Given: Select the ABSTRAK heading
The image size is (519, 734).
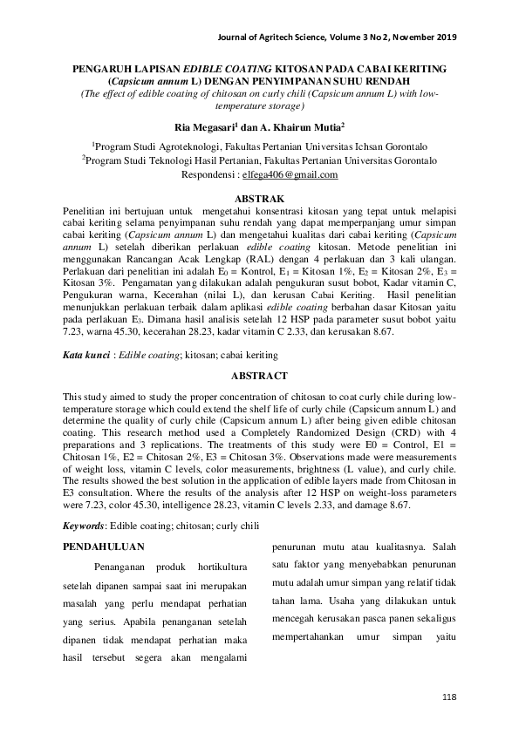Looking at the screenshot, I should click(259, 200).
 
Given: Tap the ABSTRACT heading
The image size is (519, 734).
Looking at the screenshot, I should click(259, 376).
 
